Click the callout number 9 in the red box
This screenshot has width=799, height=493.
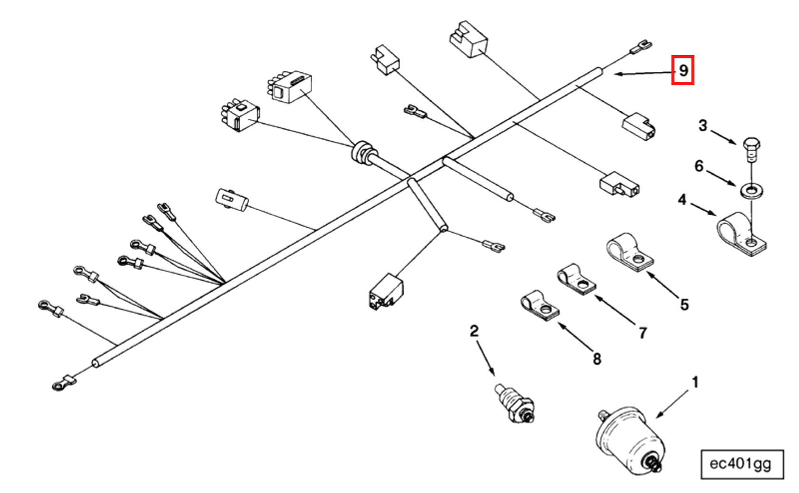click(683, 70)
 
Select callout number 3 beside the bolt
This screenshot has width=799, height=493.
click(702, 126)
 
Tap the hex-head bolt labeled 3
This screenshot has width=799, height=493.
click(750, 145)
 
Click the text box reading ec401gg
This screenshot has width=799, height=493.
click(741, 464)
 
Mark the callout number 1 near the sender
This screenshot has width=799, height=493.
click(695, 382)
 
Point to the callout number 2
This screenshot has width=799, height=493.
click(474, 331)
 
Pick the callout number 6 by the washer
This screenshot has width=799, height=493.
click(699, 166)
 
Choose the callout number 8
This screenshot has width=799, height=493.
click(597, 358)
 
